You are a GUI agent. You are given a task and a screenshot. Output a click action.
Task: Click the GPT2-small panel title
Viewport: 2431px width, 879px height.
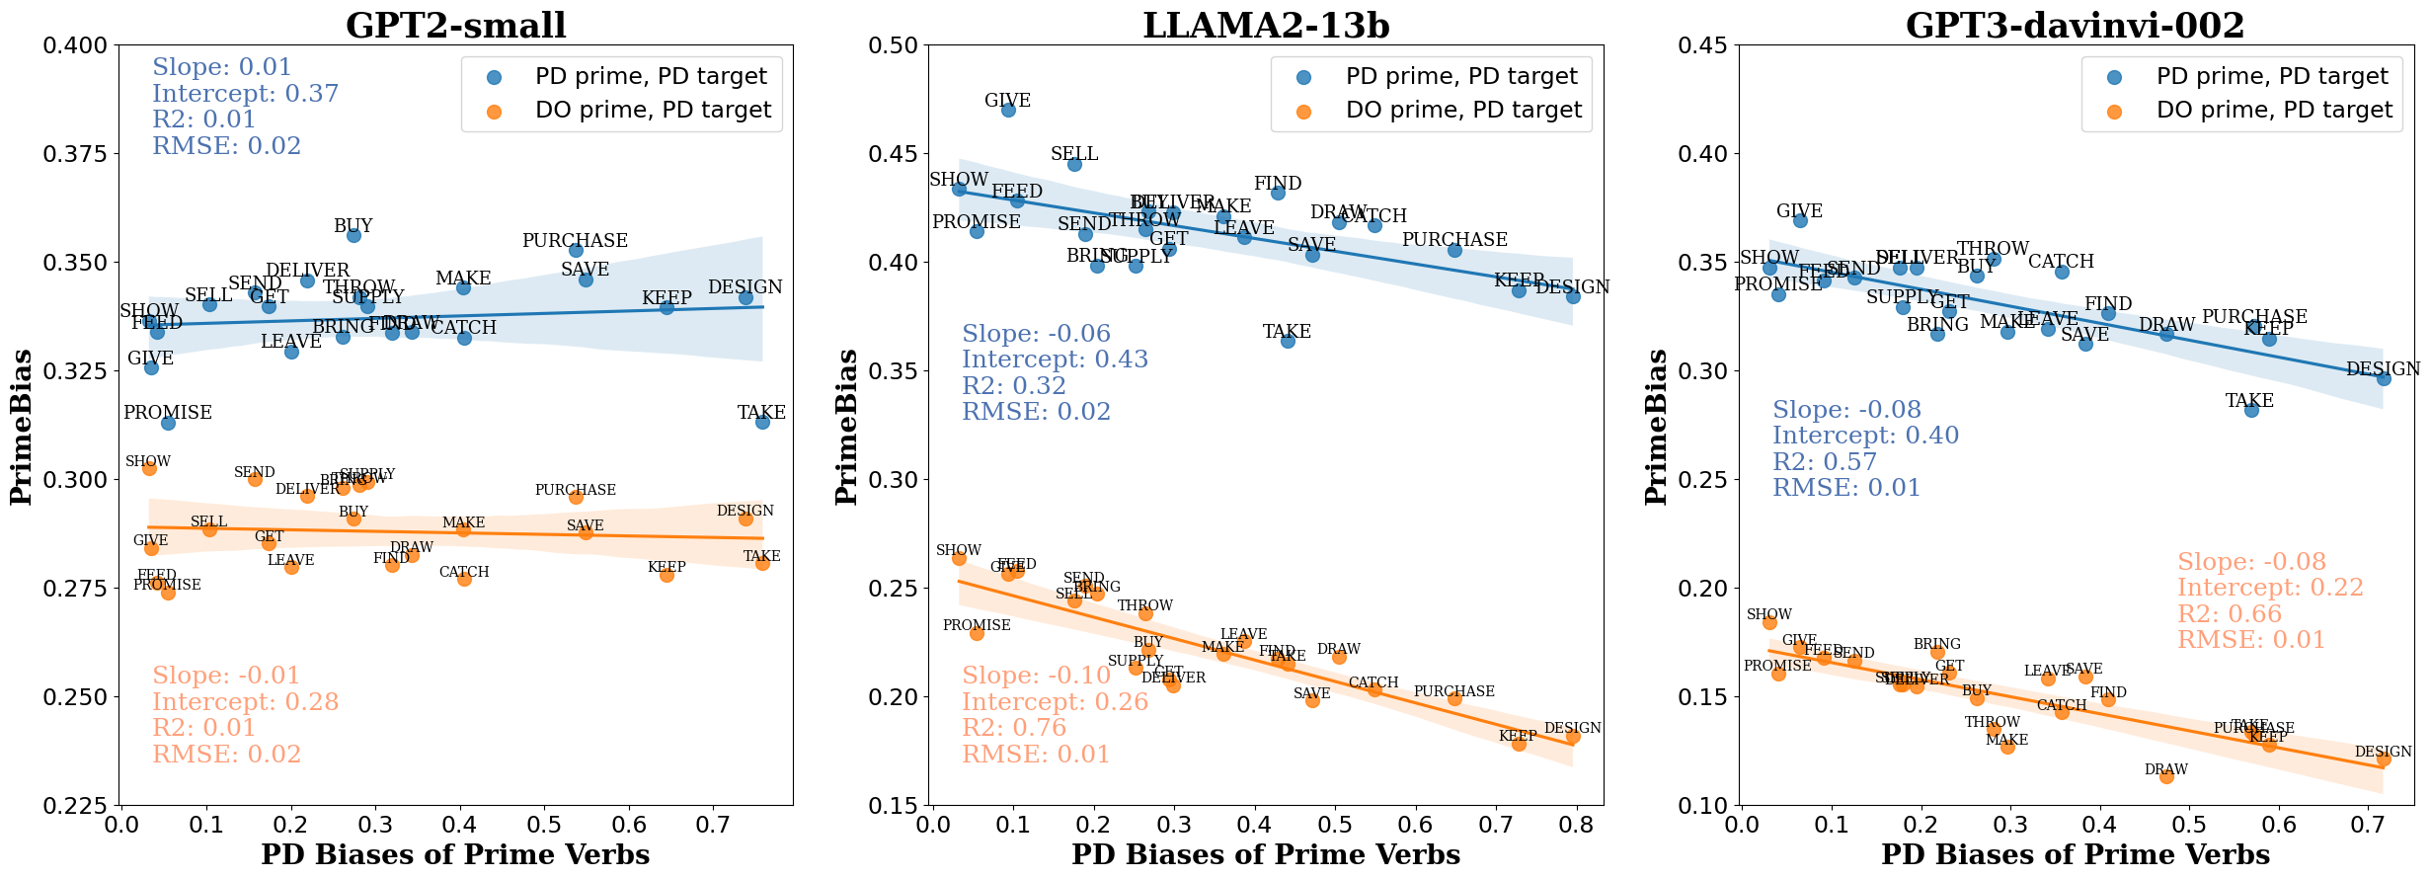455,25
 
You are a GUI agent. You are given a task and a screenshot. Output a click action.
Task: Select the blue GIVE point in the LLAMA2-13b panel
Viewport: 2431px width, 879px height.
1008,110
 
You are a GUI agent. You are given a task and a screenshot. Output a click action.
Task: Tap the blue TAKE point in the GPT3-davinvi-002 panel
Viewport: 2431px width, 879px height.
2251,410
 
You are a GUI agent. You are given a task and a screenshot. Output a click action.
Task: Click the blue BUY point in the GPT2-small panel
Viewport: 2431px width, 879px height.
353,235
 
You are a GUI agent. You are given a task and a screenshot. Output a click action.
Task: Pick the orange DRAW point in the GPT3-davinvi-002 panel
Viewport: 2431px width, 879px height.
2166,776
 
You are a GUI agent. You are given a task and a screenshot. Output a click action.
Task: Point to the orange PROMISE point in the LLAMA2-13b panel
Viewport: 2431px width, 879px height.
977,633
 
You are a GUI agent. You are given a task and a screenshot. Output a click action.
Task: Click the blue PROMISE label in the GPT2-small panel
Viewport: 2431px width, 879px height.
168,412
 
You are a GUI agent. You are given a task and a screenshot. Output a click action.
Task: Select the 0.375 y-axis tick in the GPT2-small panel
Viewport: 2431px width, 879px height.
74,154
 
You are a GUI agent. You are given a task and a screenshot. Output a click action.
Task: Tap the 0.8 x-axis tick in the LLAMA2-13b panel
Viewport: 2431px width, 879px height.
1577,824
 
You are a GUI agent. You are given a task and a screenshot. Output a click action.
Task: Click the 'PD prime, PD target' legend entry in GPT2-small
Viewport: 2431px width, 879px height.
651,76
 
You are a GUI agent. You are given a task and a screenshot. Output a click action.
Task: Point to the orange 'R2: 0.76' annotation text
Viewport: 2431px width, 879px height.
1014,728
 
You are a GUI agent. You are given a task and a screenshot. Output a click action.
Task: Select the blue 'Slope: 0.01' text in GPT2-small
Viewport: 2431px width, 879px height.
222,67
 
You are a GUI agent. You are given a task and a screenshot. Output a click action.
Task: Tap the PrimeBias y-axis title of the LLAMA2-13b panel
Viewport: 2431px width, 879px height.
846,426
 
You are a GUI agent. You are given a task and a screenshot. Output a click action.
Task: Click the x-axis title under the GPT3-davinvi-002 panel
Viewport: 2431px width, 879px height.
2076,854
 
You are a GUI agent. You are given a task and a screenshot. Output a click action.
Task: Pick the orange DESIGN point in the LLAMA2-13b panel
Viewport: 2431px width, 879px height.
1573,737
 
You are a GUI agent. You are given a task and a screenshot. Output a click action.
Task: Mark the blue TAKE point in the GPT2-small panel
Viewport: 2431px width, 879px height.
762,422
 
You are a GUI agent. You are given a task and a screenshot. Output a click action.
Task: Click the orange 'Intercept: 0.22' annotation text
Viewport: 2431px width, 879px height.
2270,588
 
